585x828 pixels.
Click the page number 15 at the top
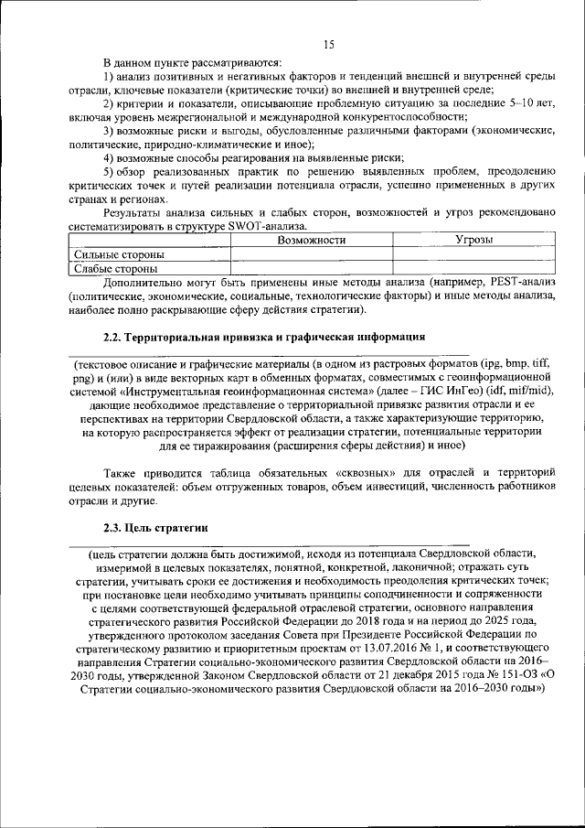(328, 45)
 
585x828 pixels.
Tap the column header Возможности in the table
(311, 240)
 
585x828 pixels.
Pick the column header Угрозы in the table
(473, 240)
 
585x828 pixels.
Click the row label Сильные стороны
(118, 253)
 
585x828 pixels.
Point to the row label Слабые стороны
(114, 268)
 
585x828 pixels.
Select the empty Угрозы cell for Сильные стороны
(473, 253)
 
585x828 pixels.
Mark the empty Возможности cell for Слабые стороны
(311, 268)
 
